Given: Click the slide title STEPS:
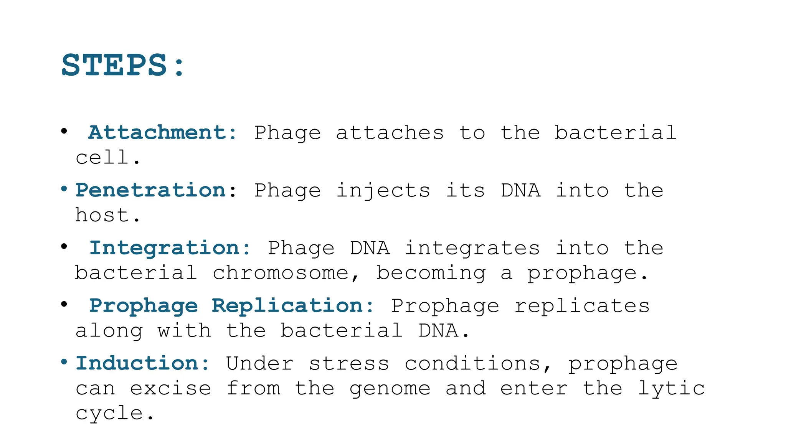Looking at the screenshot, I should (x=123, y=65).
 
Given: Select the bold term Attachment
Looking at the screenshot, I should (x=157, y=133).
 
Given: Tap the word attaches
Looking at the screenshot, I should (x=390, y=133).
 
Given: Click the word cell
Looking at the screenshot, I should (x=102, y=157).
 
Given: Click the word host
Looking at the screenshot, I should (x=102, y=215).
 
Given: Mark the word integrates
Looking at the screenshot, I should (x=472, y=248).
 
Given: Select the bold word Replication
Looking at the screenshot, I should (x=287, y=306).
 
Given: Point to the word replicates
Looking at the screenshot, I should (x=582, y=306).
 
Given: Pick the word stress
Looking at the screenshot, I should (x=349, y=363).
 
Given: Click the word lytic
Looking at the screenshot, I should (x=671, y=388).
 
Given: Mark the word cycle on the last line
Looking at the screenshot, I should (x=109, y=414).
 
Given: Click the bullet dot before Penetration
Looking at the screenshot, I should (x=64, y=189).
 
